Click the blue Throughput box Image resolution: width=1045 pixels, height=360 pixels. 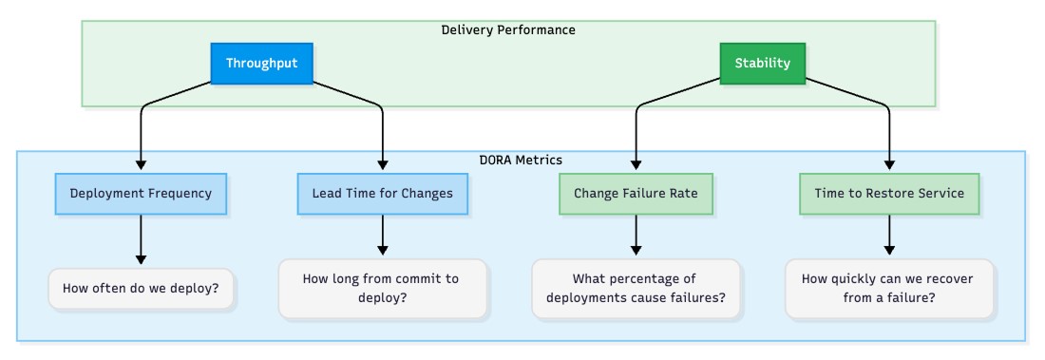point(261,64)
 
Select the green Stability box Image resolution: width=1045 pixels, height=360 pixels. point(762,64)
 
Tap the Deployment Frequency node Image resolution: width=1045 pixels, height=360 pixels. point(141,193)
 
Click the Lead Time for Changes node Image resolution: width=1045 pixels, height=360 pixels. point(382,193)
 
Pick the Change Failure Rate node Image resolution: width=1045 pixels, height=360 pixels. point(636,193)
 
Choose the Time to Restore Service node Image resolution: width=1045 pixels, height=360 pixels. point(889,193)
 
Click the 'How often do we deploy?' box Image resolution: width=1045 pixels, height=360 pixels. point(141,288)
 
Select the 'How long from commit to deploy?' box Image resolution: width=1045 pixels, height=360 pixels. point(382,288)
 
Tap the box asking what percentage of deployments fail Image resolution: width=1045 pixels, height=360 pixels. point(636,288)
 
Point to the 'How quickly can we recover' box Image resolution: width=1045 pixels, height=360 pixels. point(889,288)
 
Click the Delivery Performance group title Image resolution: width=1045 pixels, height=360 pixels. point(508,29)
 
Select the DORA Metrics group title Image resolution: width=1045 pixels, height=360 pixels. point(522,160)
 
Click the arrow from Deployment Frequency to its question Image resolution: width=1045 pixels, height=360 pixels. point(141,237)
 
